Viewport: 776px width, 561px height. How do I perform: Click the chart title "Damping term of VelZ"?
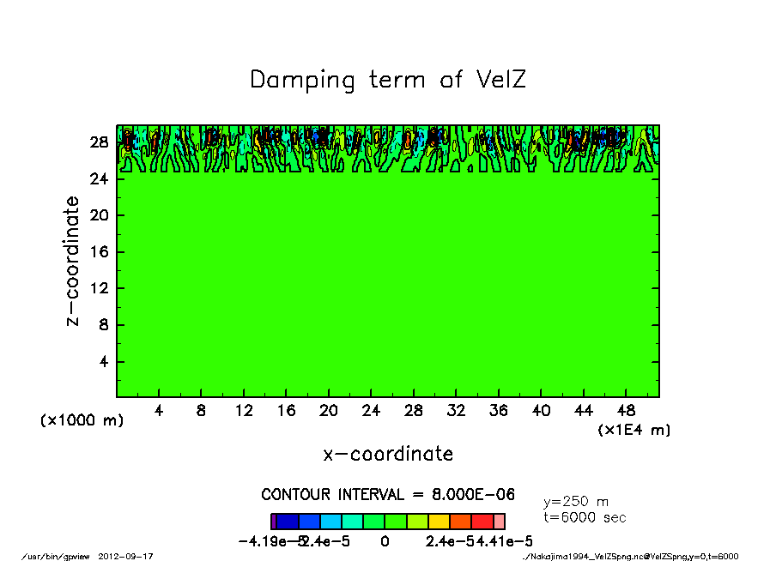(x=387, y=80)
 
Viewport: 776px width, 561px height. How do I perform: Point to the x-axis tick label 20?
(x=329, y=411)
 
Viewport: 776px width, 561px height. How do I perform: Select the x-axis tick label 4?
(x=159, y=411)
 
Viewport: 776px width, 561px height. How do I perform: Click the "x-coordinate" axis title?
(x=388, y=454)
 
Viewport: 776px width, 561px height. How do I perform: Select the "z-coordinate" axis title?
(x=73, y=261)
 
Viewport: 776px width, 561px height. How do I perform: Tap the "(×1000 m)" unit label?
(x=82, y=421)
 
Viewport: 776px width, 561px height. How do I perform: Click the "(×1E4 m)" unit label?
(x=634, y=430)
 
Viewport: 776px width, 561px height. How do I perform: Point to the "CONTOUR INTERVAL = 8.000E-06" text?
(x=388, y=495)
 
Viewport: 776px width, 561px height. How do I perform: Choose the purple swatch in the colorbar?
(x=273, y=521)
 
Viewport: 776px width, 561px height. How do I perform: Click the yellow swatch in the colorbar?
(x=438, y=521)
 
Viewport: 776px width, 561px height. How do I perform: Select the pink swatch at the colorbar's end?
(x=500, y=521)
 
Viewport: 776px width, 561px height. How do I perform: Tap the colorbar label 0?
(x=385, y=541)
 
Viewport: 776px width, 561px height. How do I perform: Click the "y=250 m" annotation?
(x=576, y=502)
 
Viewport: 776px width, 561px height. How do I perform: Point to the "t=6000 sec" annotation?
(x=585, y=517)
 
